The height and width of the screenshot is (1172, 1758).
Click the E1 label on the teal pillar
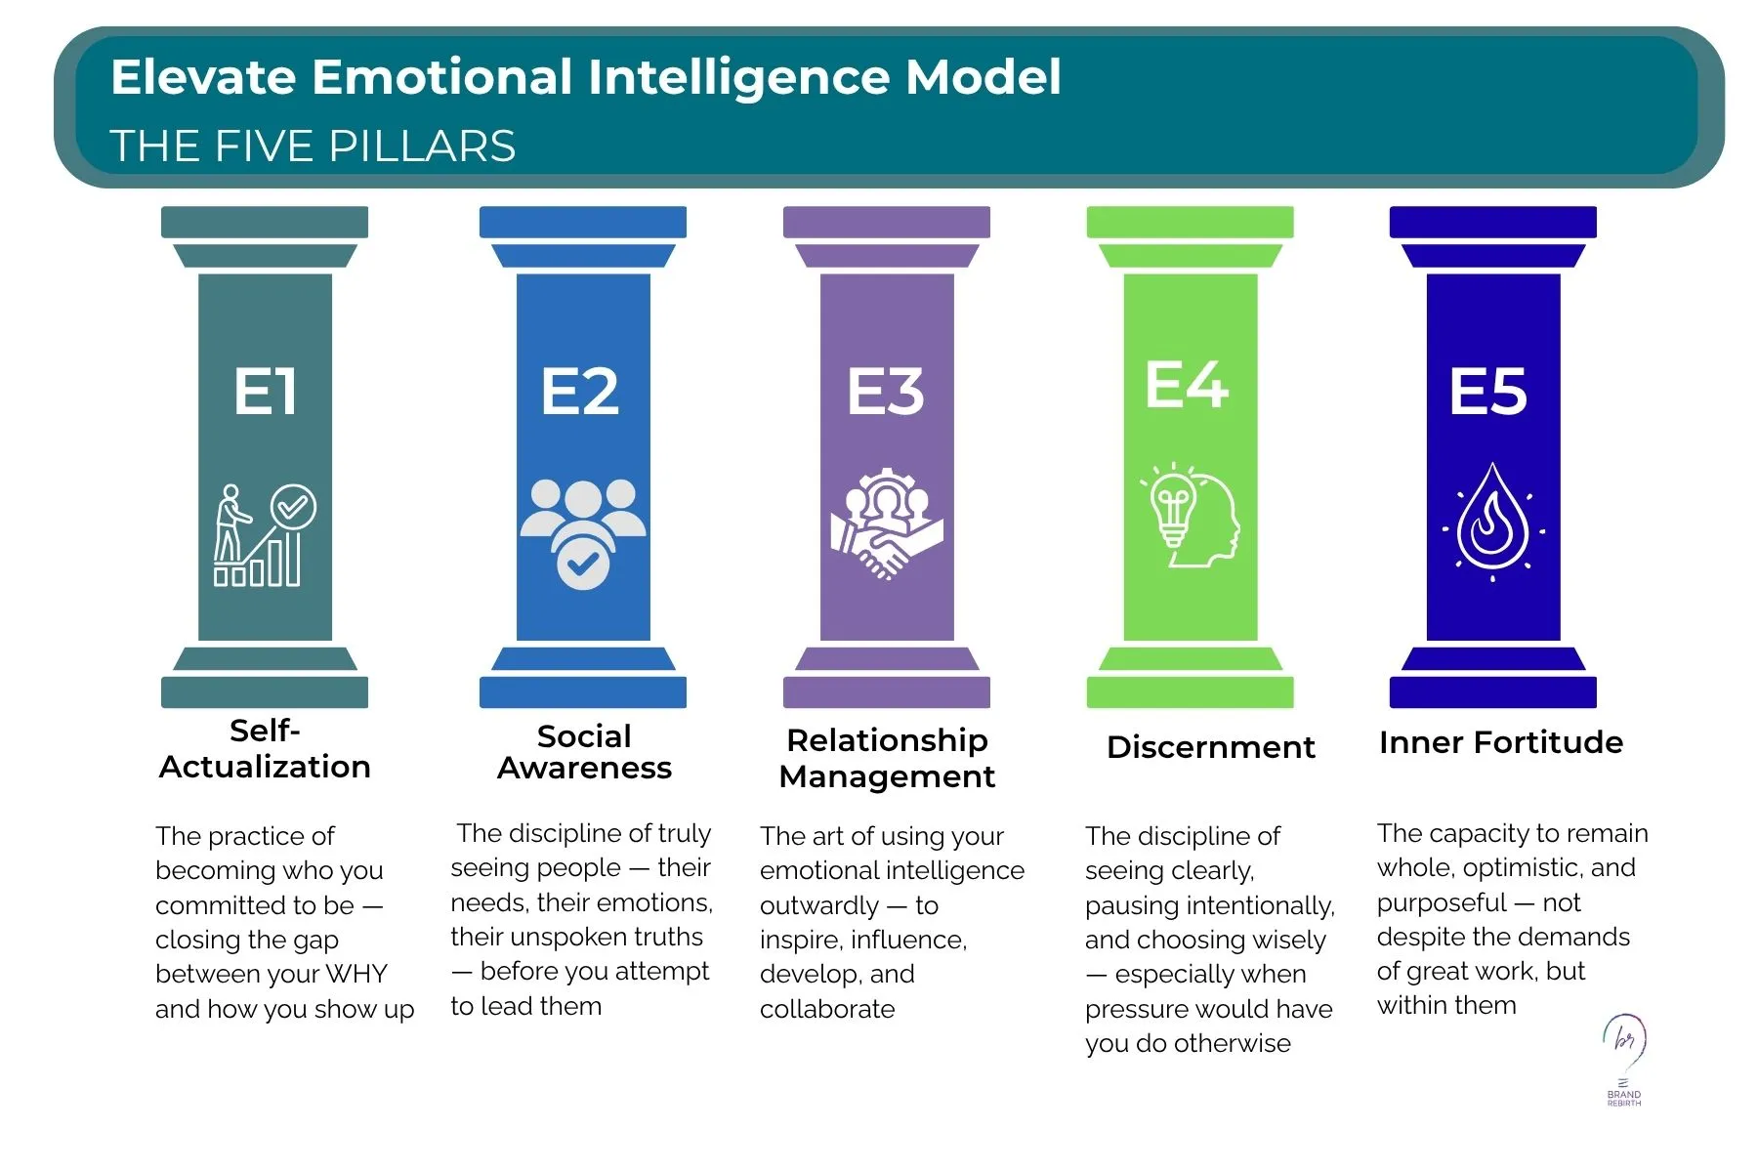(x=265, y=392)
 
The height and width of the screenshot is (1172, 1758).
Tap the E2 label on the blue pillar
(x=580, y=392)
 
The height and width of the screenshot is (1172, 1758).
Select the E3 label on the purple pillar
(x=885, y=392)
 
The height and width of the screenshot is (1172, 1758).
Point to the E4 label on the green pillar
(x=1187, y=384)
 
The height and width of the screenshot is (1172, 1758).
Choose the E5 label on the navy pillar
(x=1488, y=392)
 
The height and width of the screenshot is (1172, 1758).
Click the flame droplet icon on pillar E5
(x=1493, y=523)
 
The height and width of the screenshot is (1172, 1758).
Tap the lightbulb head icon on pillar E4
(x=1191, y=515)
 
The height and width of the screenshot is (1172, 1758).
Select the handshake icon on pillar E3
(x=886, y=524)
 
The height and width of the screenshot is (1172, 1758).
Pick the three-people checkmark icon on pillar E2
(x=583, y=534)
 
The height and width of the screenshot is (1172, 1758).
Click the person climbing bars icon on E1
(x=265, y=535)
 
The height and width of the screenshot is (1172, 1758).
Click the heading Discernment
(x=1211, y=747)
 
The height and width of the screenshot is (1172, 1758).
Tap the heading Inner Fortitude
(x=1501, y=742)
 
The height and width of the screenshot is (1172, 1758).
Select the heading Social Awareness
(x=584, y=752)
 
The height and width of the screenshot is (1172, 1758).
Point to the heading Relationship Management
(x=887, y=758)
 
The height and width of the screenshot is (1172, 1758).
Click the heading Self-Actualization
(x=265, y=748)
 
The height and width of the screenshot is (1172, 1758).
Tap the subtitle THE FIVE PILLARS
(x=313, y=146)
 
